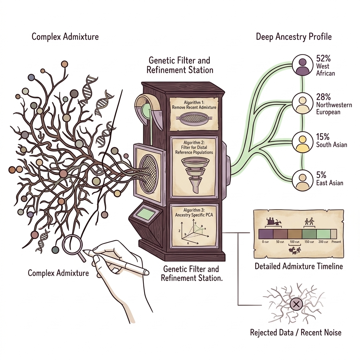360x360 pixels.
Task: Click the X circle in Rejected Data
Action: point(296,303)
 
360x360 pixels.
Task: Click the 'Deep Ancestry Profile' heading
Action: point(294,37)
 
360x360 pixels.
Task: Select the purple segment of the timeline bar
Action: point(265,234)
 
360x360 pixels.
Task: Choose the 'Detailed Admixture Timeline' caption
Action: point(298,266)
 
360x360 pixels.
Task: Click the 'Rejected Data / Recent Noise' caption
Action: point(295,332)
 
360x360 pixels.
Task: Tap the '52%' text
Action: point(324,58)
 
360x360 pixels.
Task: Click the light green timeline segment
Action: point(323,234)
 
